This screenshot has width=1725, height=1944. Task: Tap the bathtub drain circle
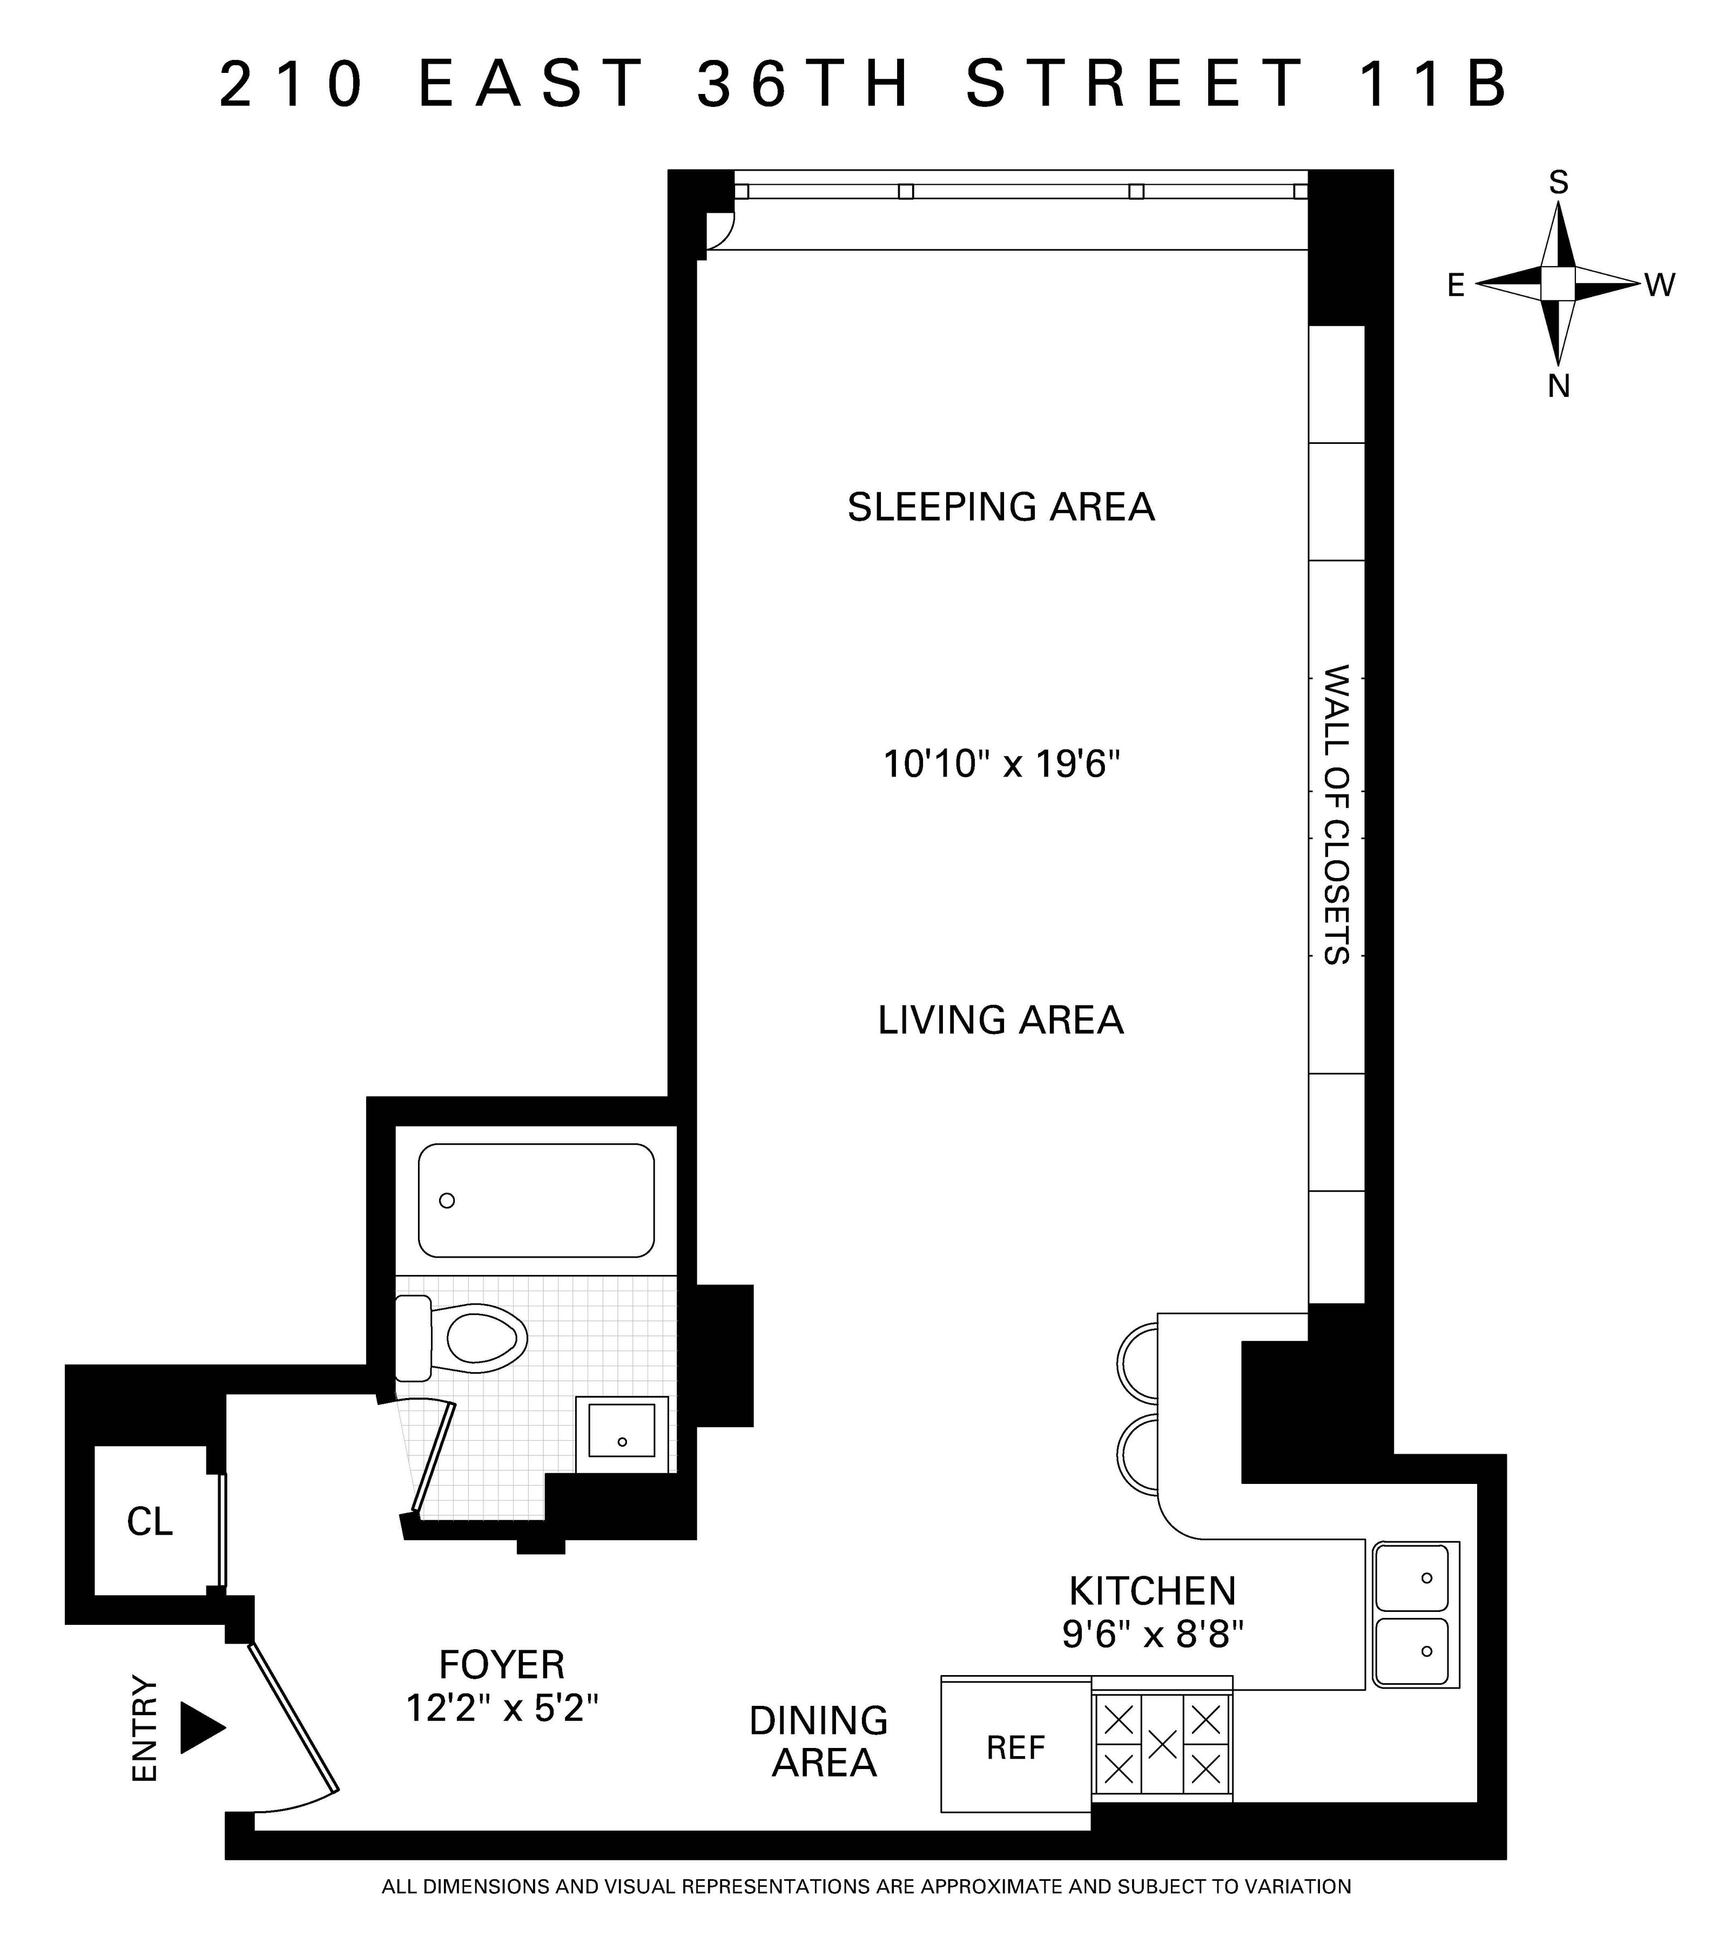447,1200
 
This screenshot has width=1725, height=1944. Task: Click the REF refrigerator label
1015,1748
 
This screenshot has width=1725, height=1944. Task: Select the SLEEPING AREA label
1001,507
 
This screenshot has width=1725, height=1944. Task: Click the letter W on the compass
1659,285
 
